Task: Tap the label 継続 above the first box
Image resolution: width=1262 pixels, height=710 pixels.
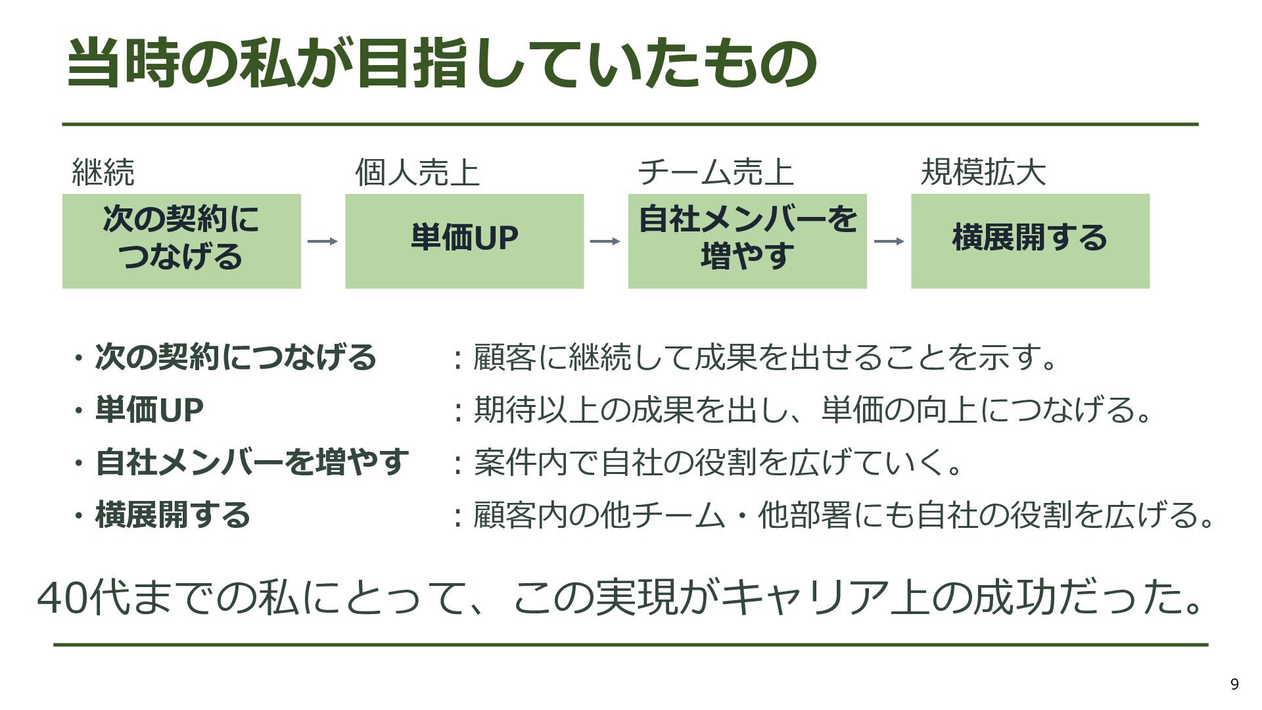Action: click(x=103, y=172)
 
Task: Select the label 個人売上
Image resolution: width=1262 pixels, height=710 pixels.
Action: click(x=417, y=172)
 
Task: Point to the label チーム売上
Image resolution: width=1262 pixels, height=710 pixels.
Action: click(x=716, y=172)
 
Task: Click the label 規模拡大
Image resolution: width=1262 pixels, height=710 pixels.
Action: click(x=983, y=172)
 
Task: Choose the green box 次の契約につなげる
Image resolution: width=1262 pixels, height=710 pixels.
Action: click(x=181, y=241)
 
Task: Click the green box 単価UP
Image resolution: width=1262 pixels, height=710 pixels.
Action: click(x=465, y=241)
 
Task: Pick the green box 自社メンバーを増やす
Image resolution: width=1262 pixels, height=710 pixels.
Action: click(x=747, y=241)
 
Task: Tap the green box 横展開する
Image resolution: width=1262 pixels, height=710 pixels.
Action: click(x=1031, y=241)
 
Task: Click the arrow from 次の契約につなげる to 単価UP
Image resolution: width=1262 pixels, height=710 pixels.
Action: click(x=323, y=241)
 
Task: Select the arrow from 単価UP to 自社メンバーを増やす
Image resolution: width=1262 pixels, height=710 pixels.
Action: click(x=605, y=241)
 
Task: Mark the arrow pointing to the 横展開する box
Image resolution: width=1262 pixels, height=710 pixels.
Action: click(x=889, y=241)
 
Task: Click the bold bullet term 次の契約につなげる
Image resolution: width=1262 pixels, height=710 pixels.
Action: click(x=236, y=357)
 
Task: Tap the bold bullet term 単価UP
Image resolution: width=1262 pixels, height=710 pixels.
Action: click(x=149, y=410)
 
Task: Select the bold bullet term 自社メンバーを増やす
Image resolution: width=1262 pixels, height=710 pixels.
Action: click(x=252, y=461)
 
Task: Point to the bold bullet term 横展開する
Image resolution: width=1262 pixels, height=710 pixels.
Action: click(x=173, y=514)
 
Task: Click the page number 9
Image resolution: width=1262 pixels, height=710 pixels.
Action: click(x=1234, y=684)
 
